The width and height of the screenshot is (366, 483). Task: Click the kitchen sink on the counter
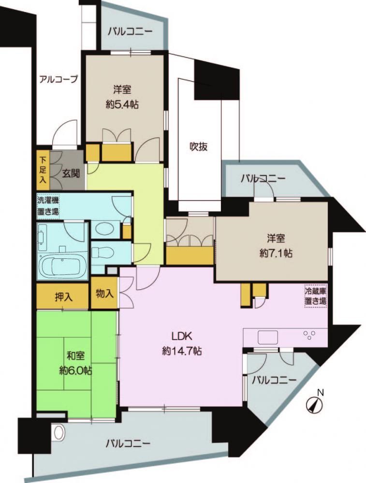pos(268,337)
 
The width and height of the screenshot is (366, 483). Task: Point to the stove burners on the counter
pos(309,335)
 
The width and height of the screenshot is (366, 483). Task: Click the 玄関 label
pos(71,173)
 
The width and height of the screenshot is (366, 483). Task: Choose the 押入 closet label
pos(64,297)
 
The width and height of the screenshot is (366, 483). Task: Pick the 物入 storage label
pos(105,294)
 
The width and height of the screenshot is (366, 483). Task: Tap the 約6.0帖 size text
pos(76,370)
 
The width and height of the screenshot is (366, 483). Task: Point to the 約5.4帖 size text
pos(122,105)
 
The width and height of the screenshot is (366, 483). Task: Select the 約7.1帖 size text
pos(276,253)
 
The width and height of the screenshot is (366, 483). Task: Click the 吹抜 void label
pos(198,147)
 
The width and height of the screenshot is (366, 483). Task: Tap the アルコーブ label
pos(59,80)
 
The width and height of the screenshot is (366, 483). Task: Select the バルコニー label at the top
pos(130,32)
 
